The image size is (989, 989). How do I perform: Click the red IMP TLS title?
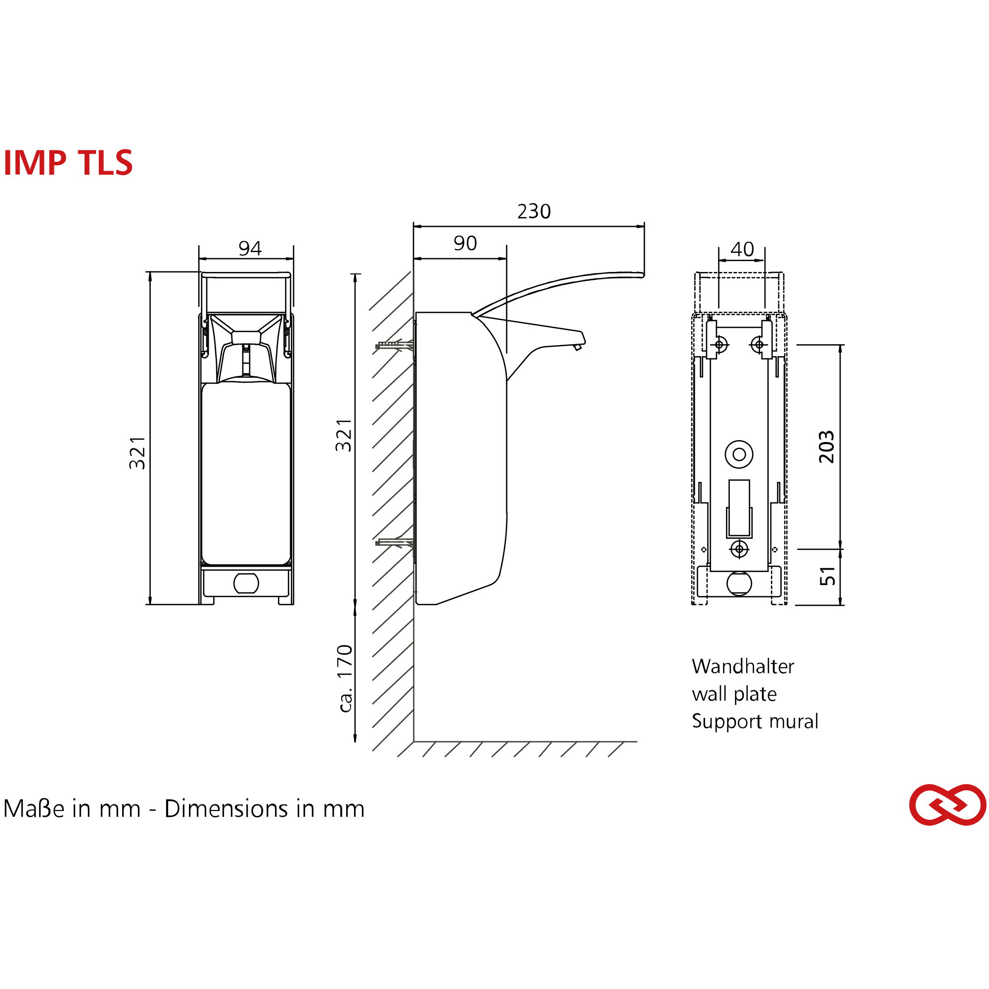(68, 163)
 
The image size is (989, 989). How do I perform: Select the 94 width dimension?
(250, 248)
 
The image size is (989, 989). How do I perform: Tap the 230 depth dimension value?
(534, 212)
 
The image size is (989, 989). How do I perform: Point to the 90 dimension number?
(465, 243)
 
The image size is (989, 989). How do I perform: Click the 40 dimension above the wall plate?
(742, 249)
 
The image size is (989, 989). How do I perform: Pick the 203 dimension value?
(826, 447)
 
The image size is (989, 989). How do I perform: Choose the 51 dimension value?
(827, 576)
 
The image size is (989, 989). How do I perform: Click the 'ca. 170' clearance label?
(346, 678)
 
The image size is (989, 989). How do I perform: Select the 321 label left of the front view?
(137, 453)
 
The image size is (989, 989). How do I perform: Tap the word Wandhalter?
(743, 667)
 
